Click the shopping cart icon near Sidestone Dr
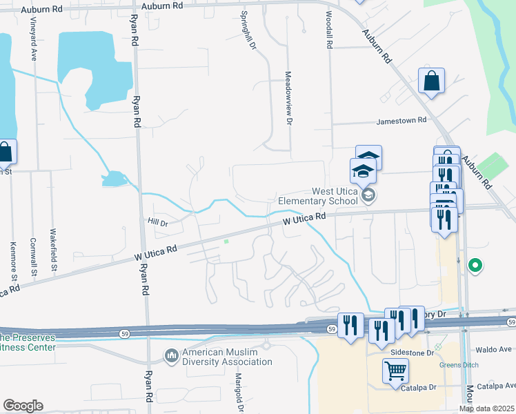tap(396, 371)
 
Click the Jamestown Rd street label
tap(401, 121)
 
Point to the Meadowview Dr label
tap(289, 99)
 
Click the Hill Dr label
tap(158, 222)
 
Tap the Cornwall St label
tap(33, 257)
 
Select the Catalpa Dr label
tap(416, 388)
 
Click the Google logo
tap(23, 406)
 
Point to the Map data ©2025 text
tap(486, 409)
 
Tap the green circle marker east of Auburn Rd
tap(475, 264)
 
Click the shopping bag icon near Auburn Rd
tap(431, 80)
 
